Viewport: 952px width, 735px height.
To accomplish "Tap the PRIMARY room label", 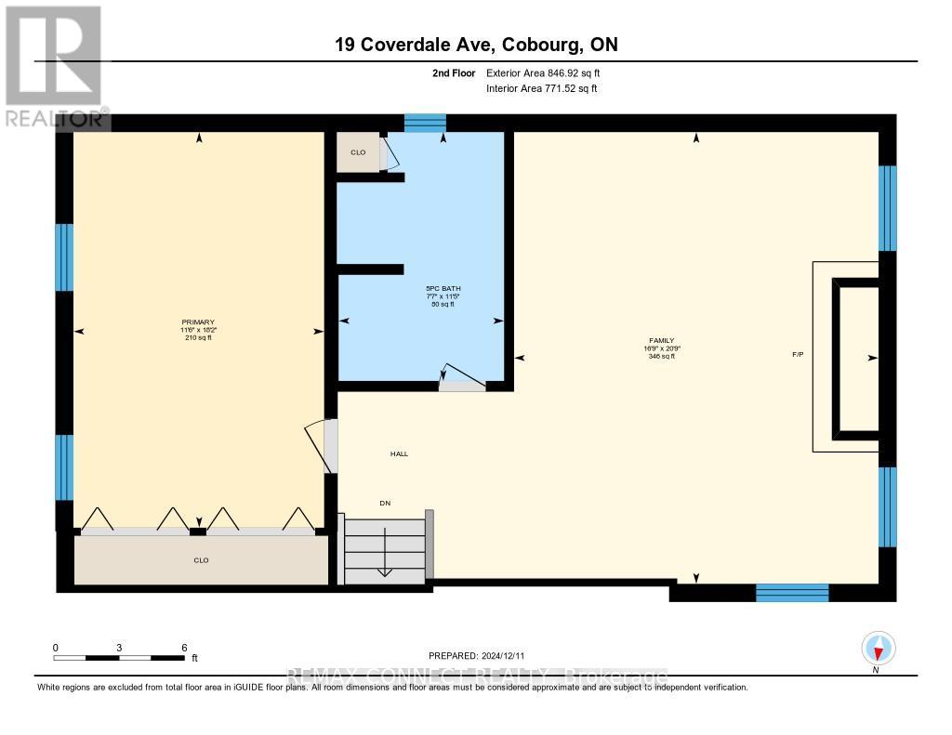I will [x=198, y=322].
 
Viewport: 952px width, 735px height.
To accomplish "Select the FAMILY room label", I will [x=661, y=341].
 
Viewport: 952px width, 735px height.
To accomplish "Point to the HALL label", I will [x=399, y=453].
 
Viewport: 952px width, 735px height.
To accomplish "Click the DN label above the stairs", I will [x=384, y=503].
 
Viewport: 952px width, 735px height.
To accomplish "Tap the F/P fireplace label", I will [x=798, y=355].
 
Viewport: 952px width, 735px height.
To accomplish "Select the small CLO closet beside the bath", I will [x=358, y=152].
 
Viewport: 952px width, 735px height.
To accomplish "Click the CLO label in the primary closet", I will [x=201, y=560].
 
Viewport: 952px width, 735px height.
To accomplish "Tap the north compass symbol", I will [x=878, y=648].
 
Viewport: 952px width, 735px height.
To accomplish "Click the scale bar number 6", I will [x=184, y=647].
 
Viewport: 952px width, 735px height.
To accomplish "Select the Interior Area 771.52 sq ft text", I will [x=541, y=88].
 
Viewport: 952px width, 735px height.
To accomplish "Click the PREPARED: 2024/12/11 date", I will [x=483, y=655].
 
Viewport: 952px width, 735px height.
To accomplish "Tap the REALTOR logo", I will [x=52, y=66].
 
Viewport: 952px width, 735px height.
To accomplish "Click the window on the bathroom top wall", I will [x=426, y=123].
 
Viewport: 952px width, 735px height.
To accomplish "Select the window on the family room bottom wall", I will [x=791, y=593].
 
